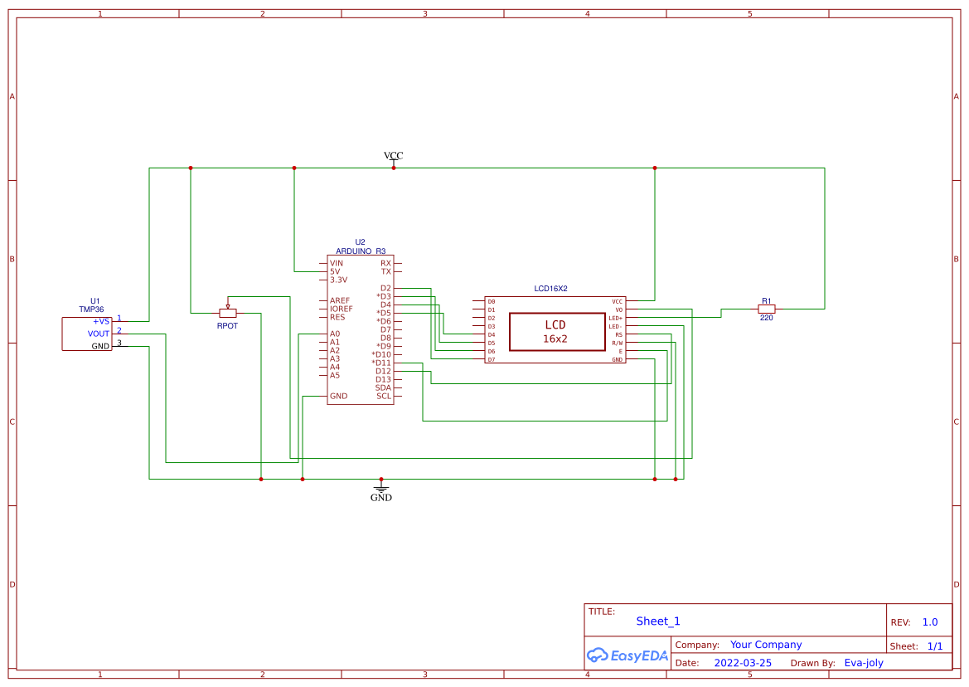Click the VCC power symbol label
(393, 156)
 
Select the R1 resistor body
(766, 309)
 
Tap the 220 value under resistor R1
(766, 318)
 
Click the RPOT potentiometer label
(227, 326)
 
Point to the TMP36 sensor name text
(91, 309)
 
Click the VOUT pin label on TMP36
(99, 334)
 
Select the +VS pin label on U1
(100, 321)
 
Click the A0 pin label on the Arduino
(335, 334)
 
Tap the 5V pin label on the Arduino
(335, 271)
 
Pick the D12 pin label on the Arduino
(383, 371)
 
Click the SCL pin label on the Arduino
(384, 396)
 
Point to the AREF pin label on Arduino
(340, 300)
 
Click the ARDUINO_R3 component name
(361, 251)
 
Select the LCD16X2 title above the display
(550, 289)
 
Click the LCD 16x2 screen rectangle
(555, 332)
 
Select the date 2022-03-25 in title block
(743, 663)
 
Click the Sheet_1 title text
(658, 621)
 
